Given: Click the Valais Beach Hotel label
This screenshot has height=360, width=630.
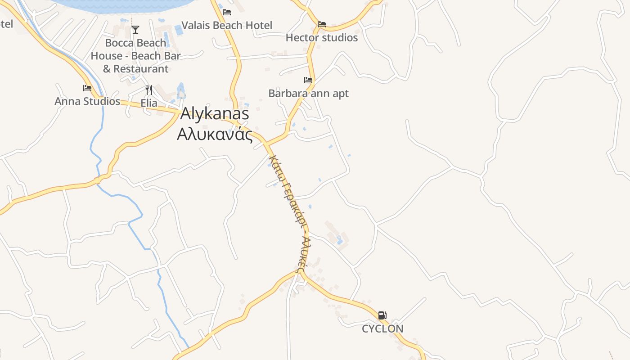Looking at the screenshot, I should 227,25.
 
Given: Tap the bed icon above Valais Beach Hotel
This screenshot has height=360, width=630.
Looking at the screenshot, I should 227,12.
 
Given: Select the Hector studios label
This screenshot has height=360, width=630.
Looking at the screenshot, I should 322,38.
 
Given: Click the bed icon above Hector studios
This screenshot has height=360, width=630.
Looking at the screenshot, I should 322,24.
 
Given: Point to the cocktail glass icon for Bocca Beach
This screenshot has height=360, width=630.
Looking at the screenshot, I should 135,30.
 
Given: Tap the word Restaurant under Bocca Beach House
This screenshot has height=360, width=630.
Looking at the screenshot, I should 141,69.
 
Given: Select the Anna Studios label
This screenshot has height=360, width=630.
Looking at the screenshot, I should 87,101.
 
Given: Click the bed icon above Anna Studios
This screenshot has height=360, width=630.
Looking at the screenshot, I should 87,88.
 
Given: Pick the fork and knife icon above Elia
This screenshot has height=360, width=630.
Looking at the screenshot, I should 149,90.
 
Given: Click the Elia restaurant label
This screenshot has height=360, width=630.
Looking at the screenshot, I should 149,103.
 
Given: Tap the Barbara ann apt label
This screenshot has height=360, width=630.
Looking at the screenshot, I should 308,94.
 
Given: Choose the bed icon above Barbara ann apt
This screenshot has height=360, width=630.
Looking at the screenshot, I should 308,80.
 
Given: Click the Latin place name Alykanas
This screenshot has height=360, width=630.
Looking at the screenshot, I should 215,114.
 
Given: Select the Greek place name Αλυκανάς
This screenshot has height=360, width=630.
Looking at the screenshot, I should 215,134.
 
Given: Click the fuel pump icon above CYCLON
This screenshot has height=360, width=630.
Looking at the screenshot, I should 382,315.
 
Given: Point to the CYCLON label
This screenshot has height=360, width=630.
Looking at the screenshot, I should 382,328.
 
